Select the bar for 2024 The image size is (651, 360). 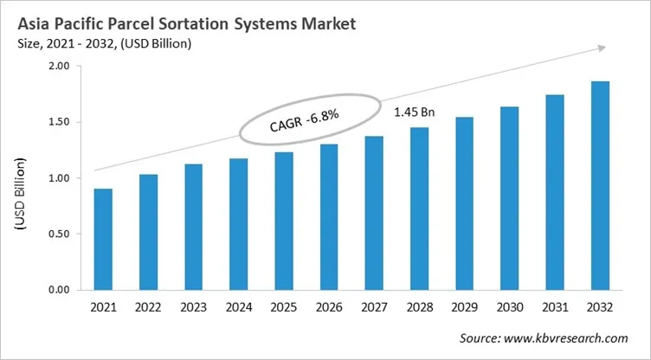238,224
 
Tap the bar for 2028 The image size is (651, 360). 419,209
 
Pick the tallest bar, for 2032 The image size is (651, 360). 599,185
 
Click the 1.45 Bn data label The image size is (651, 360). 414,112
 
